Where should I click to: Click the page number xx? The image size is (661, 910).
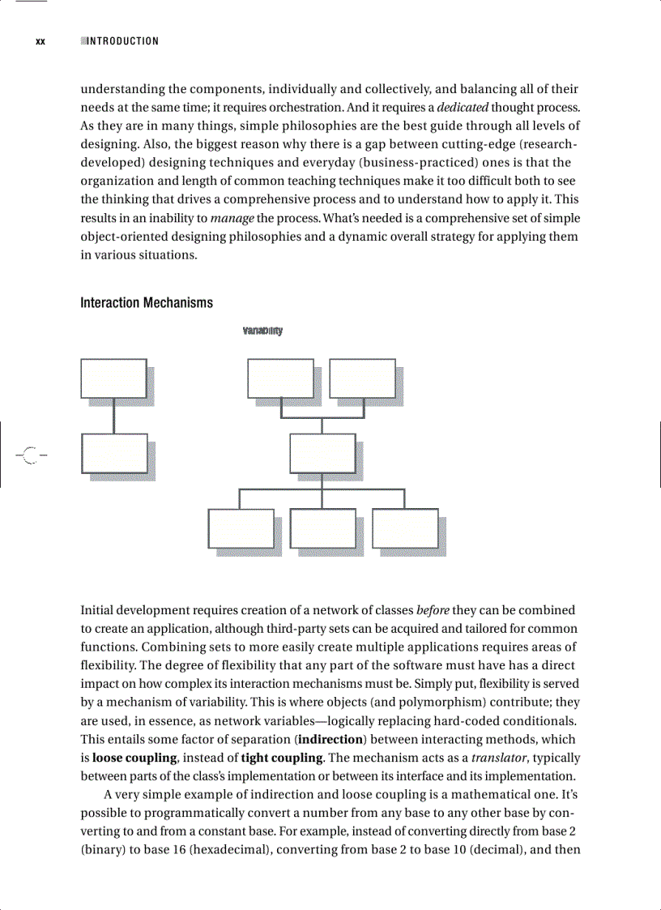40,41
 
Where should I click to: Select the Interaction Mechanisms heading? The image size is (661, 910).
147,303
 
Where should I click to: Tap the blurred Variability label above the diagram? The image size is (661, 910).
262,331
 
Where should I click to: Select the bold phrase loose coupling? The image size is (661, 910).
134,758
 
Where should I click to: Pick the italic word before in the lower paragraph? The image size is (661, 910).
433,609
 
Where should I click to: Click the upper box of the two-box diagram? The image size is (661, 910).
113,378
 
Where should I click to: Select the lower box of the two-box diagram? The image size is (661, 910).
114,453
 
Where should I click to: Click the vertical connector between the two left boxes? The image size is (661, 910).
113,416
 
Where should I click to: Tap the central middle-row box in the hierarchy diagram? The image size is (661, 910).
322,453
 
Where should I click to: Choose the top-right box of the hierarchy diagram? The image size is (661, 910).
362,378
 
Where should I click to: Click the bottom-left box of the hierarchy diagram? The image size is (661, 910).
241,528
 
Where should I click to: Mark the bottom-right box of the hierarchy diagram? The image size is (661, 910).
405,528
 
